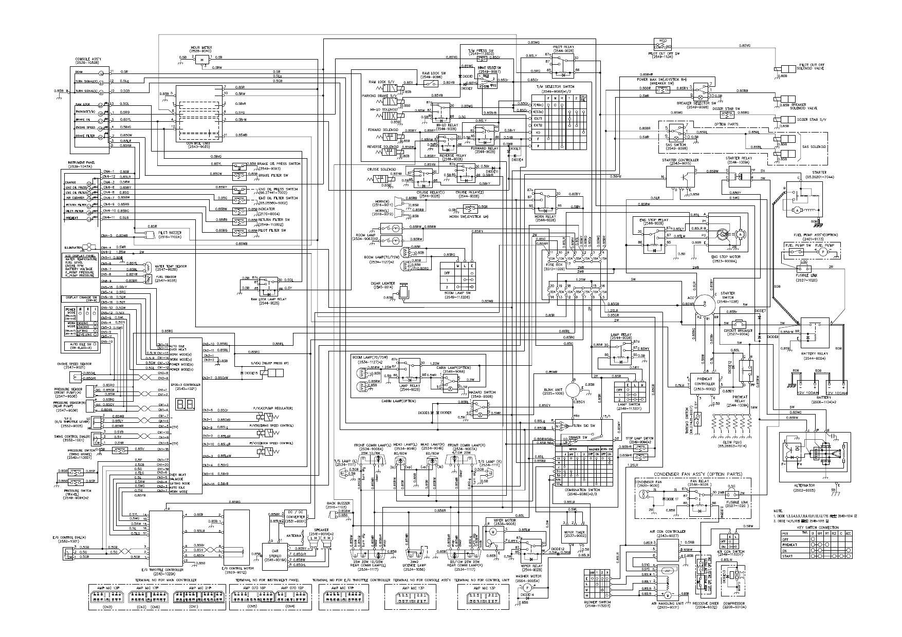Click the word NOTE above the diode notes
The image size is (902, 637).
tap(778, 511)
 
